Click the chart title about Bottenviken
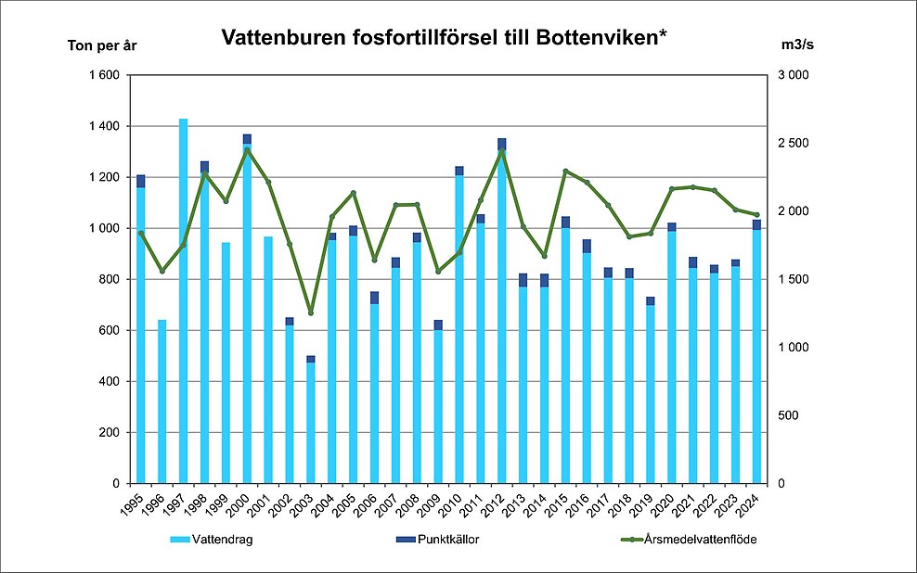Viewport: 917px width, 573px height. click(x=444, y=38)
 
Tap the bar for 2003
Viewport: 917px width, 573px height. click(x=311, y=422)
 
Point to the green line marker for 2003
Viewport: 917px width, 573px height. click(x=311, y=312)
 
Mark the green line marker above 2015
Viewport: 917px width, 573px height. click(x=565, y=171)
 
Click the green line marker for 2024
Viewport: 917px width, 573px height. click(x=756, y=215)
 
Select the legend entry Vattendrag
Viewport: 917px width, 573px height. click(x=213, y=539)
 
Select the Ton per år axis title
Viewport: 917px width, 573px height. click(x=101, y=45)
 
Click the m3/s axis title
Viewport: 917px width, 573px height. click(x=799, y=45)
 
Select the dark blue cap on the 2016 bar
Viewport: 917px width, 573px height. click(x=587, y=246)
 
